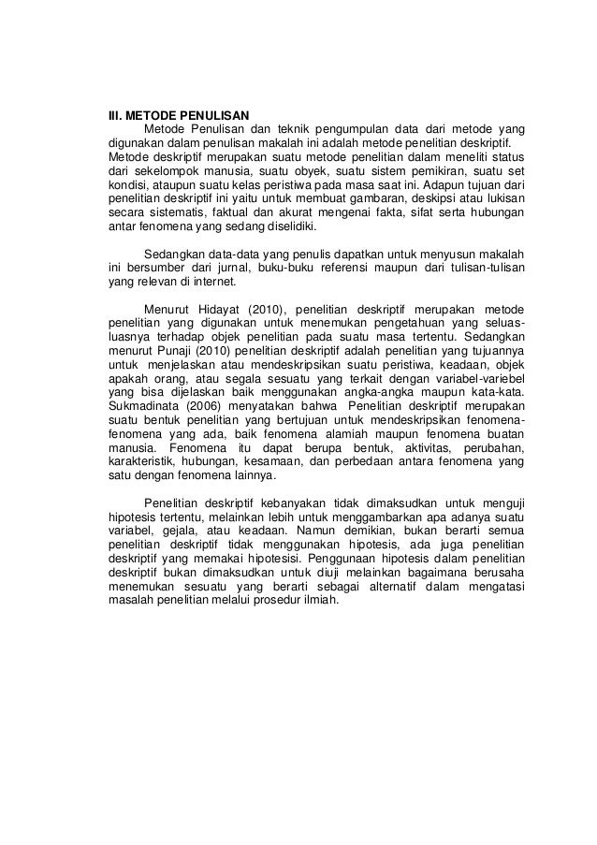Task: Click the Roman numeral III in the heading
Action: pos(115,115)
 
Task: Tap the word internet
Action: pos(215,284)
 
